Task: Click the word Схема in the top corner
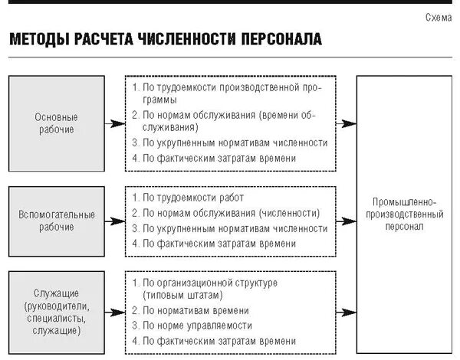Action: pyautogui.click(x=438, y=17)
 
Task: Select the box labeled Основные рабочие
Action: pyautogui.click(x=56, y=123)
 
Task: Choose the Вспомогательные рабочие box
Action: pyautogui.click(x=56, y=221)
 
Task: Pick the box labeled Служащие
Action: pyautogui.click(x=56, y=313)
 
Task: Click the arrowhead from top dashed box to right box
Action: pyautogui.click(x=351, y=123)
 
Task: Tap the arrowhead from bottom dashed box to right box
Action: pyautogui.click(x=351, y=313)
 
